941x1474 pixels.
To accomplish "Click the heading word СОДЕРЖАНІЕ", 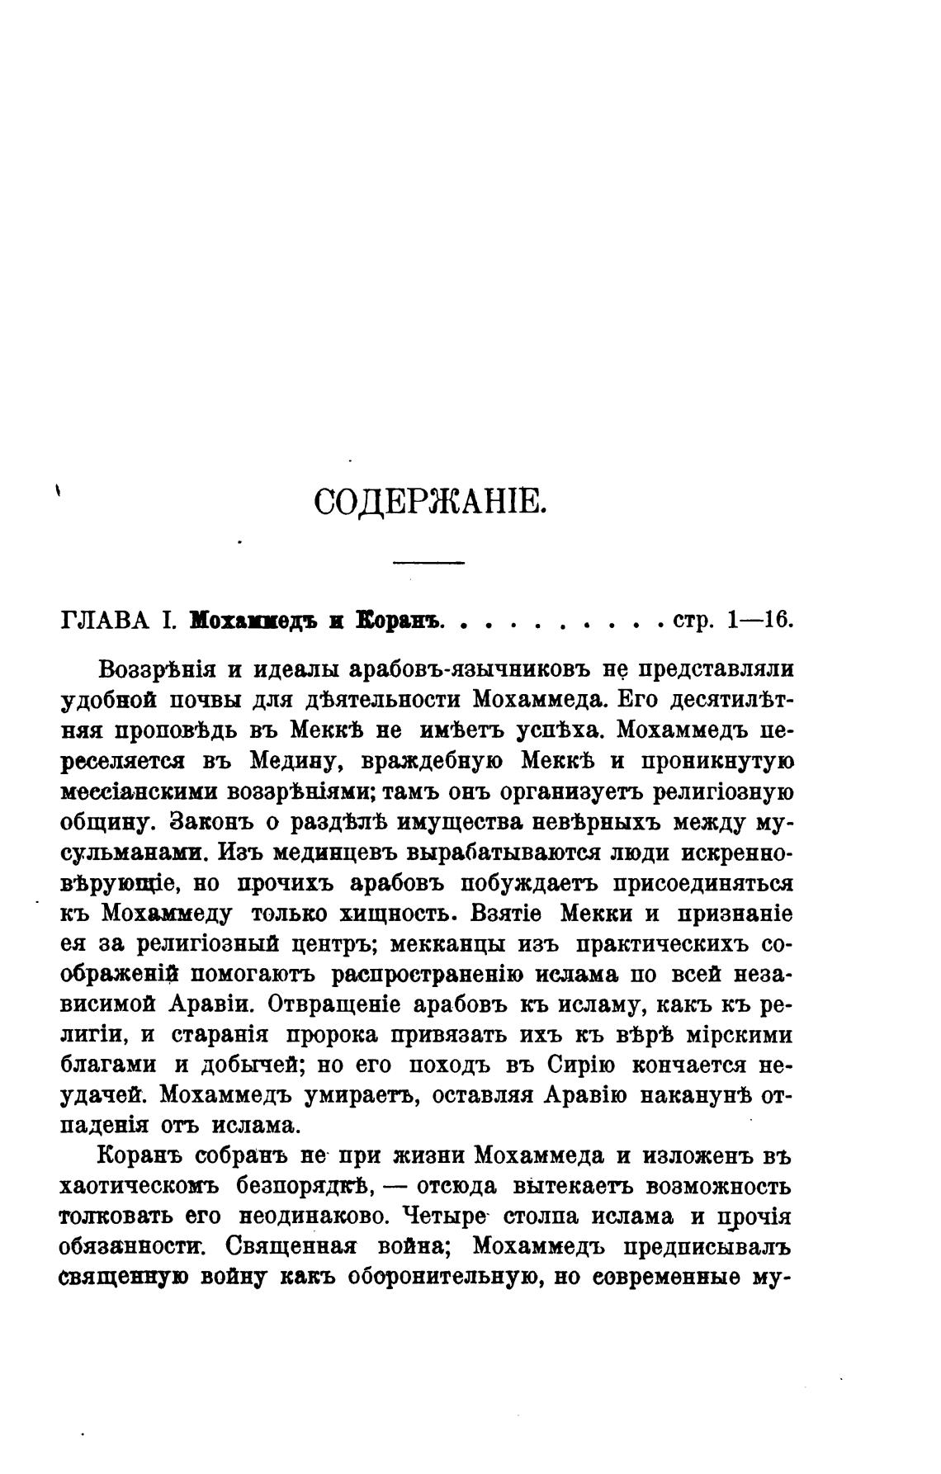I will tap(430, 502).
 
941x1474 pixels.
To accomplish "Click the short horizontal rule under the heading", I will tap(429, 563).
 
